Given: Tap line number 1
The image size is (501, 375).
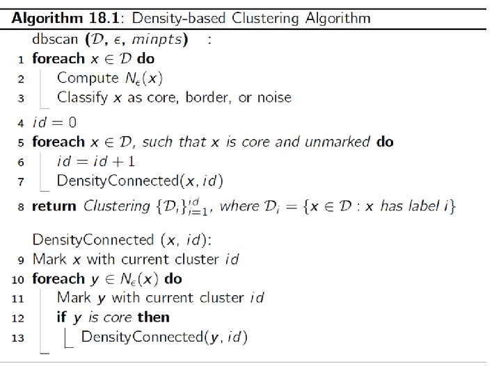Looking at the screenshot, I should pos(21,60).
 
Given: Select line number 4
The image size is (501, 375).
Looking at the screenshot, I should pos(21,123).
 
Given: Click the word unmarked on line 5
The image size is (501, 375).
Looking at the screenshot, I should pos(337,142).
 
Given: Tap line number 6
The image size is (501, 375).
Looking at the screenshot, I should pos(21,162).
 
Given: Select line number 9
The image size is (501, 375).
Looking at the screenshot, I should pos(21,260).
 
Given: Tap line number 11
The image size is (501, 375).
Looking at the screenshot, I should pos(19,299).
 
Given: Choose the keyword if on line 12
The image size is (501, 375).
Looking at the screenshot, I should pos(62,317).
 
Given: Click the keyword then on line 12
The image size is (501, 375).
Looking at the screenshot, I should pos(152,317).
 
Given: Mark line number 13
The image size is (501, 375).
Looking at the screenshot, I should pos(19,337).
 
